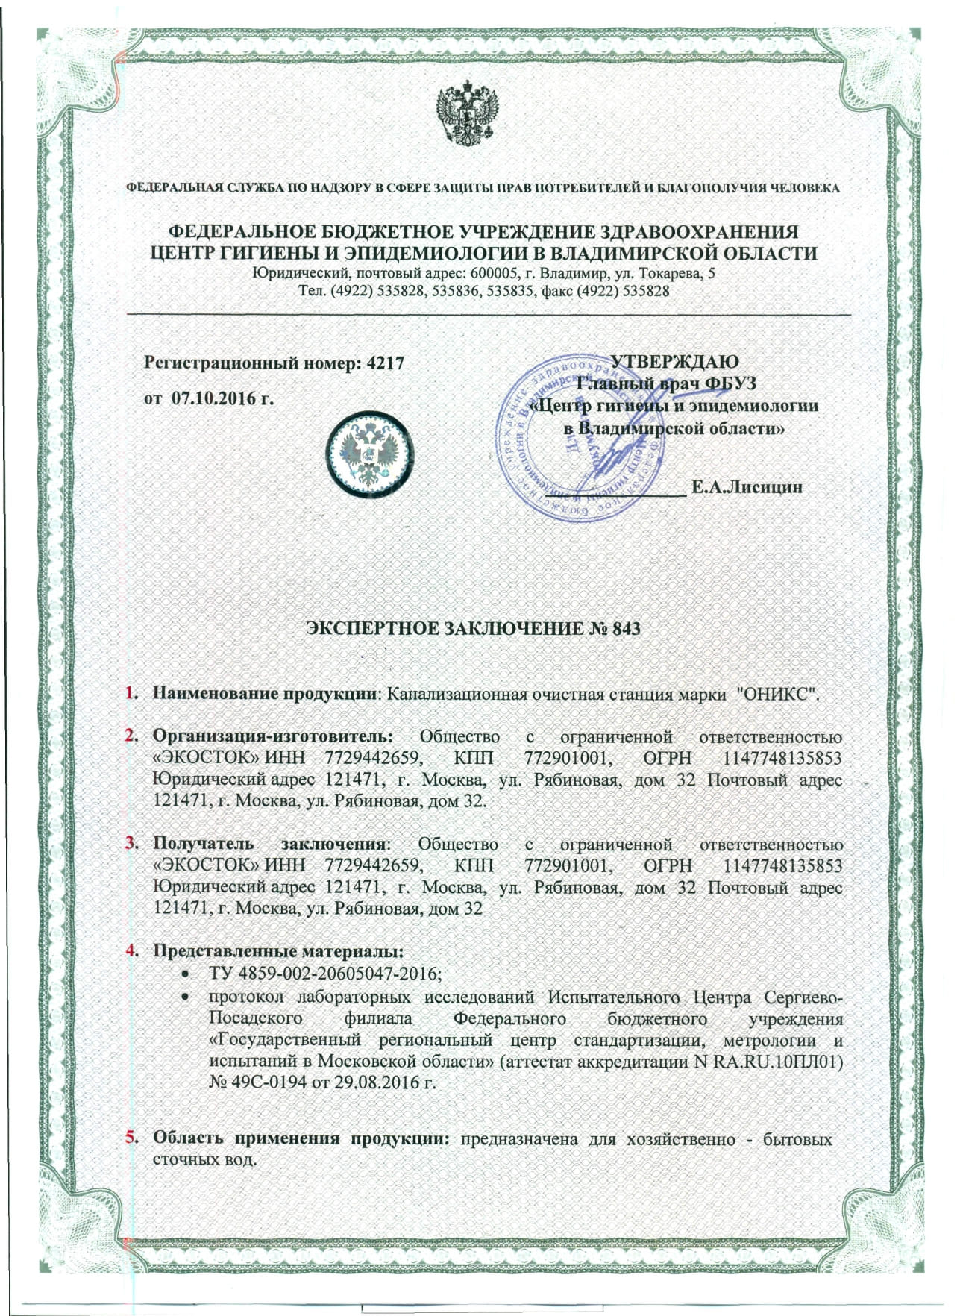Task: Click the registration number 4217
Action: coord(386,363)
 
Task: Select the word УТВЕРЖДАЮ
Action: coord(674,362)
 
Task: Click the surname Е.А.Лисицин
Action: coord(747,488)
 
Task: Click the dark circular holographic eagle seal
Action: coord(370,454)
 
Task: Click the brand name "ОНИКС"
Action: coord(777,694)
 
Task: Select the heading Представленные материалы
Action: coord(277,952)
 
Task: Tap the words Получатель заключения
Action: coord(269,845)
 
